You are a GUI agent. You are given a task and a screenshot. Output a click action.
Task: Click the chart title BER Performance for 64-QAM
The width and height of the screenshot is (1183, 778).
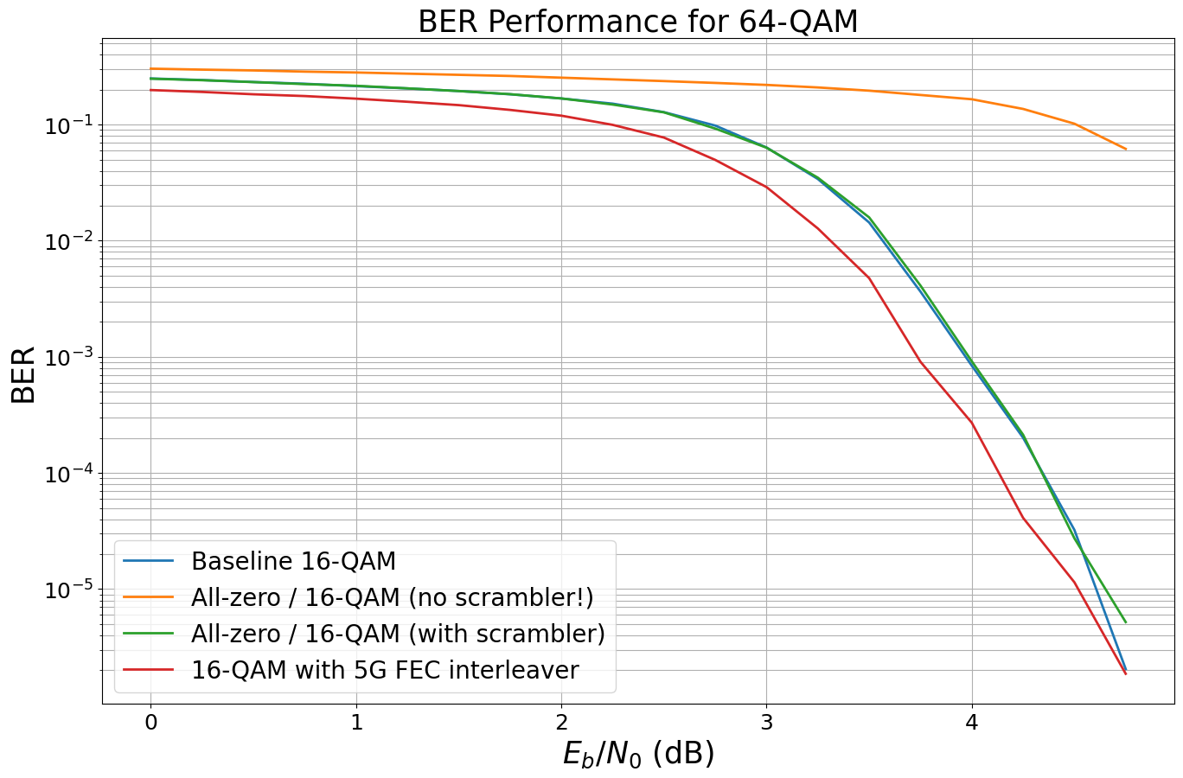(x=637, y=22)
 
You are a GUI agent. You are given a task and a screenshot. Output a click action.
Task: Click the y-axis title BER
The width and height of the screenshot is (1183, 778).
(x=23, y=374)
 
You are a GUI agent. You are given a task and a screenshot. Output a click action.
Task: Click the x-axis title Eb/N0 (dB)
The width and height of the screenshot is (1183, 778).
(x=638, y=754)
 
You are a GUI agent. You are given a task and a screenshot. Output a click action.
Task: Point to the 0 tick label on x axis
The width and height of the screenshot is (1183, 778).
(x=151, y=722)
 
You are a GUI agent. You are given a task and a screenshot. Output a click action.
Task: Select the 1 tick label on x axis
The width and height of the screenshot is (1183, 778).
(x=356, y=722)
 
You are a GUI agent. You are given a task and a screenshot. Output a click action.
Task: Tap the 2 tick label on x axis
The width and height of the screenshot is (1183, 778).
(x=561, y=722)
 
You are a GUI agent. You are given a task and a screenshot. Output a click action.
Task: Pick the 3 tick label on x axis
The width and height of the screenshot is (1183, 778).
(x=766, y=722)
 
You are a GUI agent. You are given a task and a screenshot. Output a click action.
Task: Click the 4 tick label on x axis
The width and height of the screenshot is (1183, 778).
(x=972, y=722)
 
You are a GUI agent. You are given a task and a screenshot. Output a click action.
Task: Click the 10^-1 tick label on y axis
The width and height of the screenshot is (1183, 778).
(x=68, y=126)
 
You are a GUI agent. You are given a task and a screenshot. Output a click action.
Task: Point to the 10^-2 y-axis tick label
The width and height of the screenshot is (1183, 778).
(x=68, y=242)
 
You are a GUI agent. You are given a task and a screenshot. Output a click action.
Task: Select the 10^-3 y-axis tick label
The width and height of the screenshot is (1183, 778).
(x=68, y=358)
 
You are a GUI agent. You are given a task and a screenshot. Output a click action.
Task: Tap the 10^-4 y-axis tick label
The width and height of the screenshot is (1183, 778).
(x=68, y=475)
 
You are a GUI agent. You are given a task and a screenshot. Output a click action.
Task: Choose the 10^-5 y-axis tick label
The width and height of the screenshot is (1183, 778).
(x=68, y=590)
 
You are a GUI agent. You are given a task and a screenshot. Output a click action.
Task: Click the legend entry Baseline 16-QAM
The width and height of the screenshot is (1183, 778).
(x=293, y=561)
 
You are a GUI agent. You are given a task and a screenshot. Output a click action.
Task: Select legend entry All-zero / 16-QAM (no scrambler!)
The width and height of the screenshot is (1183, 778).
(x=392, y=597)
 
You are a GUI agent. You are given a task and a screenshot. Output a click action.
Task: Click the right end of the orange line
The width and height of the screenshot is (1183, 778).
(x=1126, y=149)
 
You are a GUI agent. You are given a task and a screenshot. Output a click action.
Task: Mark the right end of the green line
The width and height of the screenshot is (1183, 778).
(x=1126, y=622)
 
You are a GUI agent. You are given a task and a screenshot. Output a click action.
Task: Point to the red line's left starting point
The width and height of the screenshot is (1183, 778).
(x=151, y=90)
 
